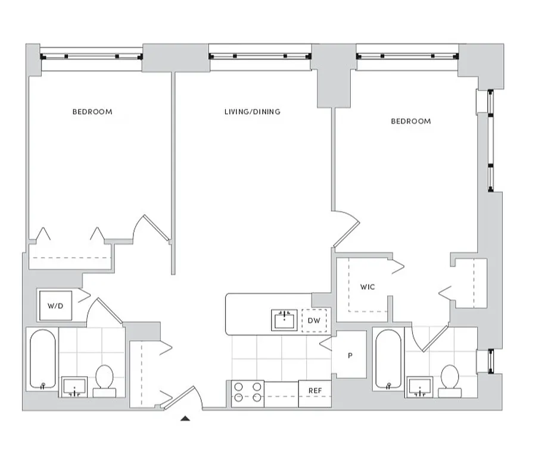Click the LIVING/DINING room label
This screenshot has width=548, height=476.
[x=252, y=112]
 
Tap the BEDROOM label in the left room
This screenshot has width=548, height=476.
[x=92, y=112]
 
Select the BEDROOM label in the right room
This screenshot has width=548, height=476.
[x=410, y=121]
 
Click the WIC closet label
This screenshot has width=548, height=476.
[x=368, y=287]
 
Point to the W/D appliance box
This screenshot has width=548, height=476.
[x=55, y=305]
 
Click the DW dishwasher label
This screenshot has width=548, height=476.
[x=314, y=321]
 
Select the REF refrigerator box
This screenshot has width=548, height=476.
[x=315, y=390]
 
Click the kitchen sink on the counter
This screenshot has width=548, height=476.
[x=285, y=320]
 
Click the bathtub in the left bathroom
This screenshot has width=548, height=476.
[x=43, y=361]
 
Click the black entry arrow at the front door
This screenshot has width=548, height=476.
[x=186, y=419]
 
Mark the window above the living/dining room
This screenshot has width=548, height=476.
[x=260, y=57]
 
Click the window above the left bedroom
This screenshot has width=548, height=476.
[x=91, y=57]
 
